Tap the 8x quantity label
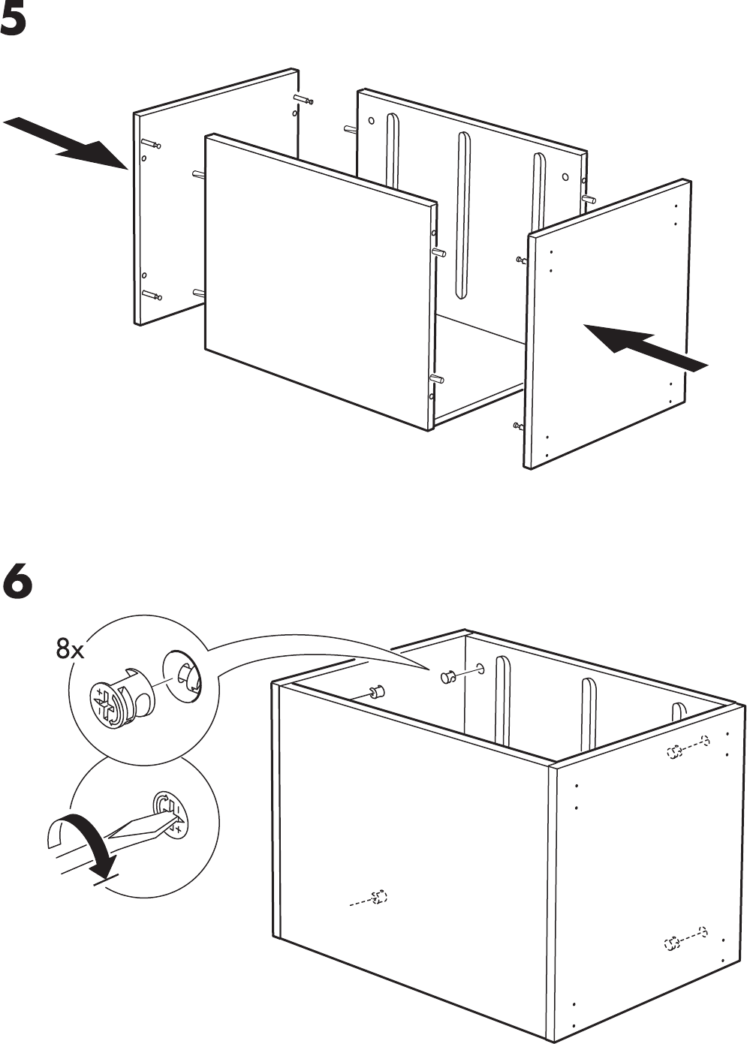coord(70,648)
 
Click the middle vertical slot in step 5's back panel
coord(462,214)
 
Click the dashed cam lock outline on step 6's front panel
coord(381,897)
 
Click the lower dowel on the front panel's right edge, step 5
coord(435,379)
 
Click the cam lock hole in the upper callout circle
coord(182,673)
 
